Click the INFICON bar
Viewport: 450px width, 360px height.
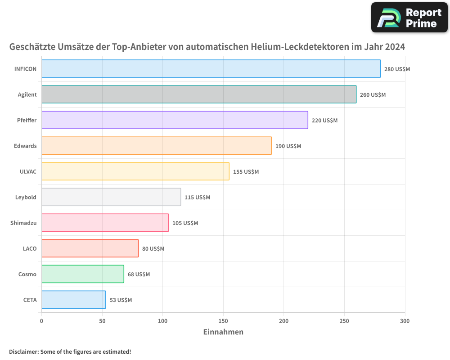[x=211, y=69]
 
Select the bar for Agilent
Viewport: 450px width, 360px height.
[x=199, y=94]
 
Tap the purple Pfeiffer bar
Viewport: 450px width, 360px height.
[x=175, y=120]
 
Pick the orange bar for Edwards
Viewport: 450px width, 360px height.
[x=157, y=146]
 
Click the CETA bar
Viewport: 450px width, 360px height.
[x=73, y=300]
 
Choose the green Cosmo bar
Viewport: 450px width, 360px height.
[x=82, y=274]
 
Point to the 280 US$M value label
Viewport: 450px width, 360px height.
[x=397, y=69]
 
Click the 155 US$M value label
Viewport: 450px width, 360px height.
[x=246, y=172]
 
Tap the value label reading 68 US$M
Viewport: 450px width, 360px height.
[x=139, y=274]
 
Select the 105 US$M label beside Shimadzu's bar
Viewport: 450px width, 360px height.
[x=185, y=223]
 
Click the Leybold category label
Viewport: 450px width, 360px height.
[x=26, y=197]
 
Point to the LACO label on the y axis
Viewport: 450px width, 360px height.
[x=30, y=248]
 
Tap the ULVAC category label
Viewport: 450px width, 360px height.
[x=28, y=171]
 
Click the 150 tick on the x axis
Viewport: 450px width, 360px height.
[x=223, y=321]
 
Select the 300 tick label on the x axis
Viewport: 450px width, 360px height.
[x=405, y=321]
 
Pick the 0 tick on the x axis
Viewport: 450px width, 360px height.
[x=41, y=321]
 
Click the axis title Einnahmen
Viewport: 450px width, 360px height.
[x=223, y=332]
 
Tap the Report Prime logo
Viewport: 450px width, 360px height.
[x=409, y=18]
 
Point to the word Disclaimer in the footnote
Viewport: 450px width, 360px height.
[x=23, y=351]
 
